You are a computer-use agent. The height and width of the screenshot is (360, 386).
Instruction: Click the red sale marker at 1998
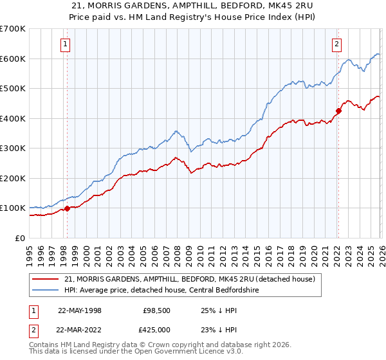[67, 208]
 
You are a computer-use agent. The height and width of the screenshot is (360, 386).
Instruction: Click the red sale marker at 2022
[338, 111]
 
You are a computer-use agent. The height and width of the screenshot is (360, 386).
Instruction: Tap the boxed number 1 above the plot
[66, 44]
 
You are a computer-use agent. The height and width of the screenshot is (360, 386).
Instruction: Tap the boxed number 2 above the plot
[336, 44]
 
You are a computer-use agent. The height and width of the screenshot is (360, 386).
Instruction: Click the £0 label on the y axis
[19, 238]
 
